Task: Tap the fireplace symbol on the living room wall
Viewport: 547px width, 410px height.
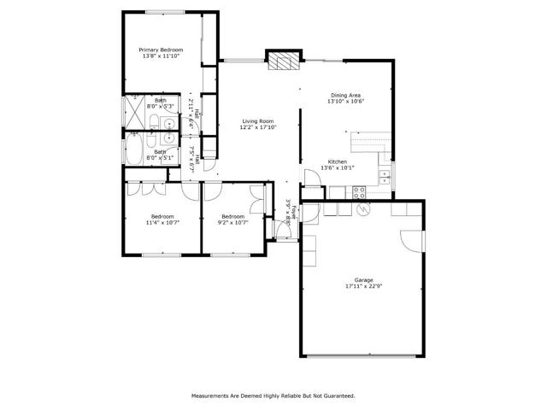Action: coord(283,61)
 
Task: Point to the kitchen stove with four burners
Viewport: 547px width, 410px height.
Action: coord(361,191)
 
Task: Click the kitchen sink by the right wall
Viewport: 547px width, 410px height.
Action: coord(385,178)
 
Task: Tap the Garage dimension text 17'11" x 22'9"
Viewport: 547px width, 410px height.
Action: coord(364,286)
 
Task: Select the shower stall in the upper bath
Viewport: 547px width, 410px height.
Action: coord(135,111)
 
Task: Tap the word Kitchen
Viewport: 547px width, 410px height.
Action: coord(338,161)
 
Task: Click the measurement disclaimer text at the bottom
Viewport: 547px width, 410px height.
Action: coord(273,395)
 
